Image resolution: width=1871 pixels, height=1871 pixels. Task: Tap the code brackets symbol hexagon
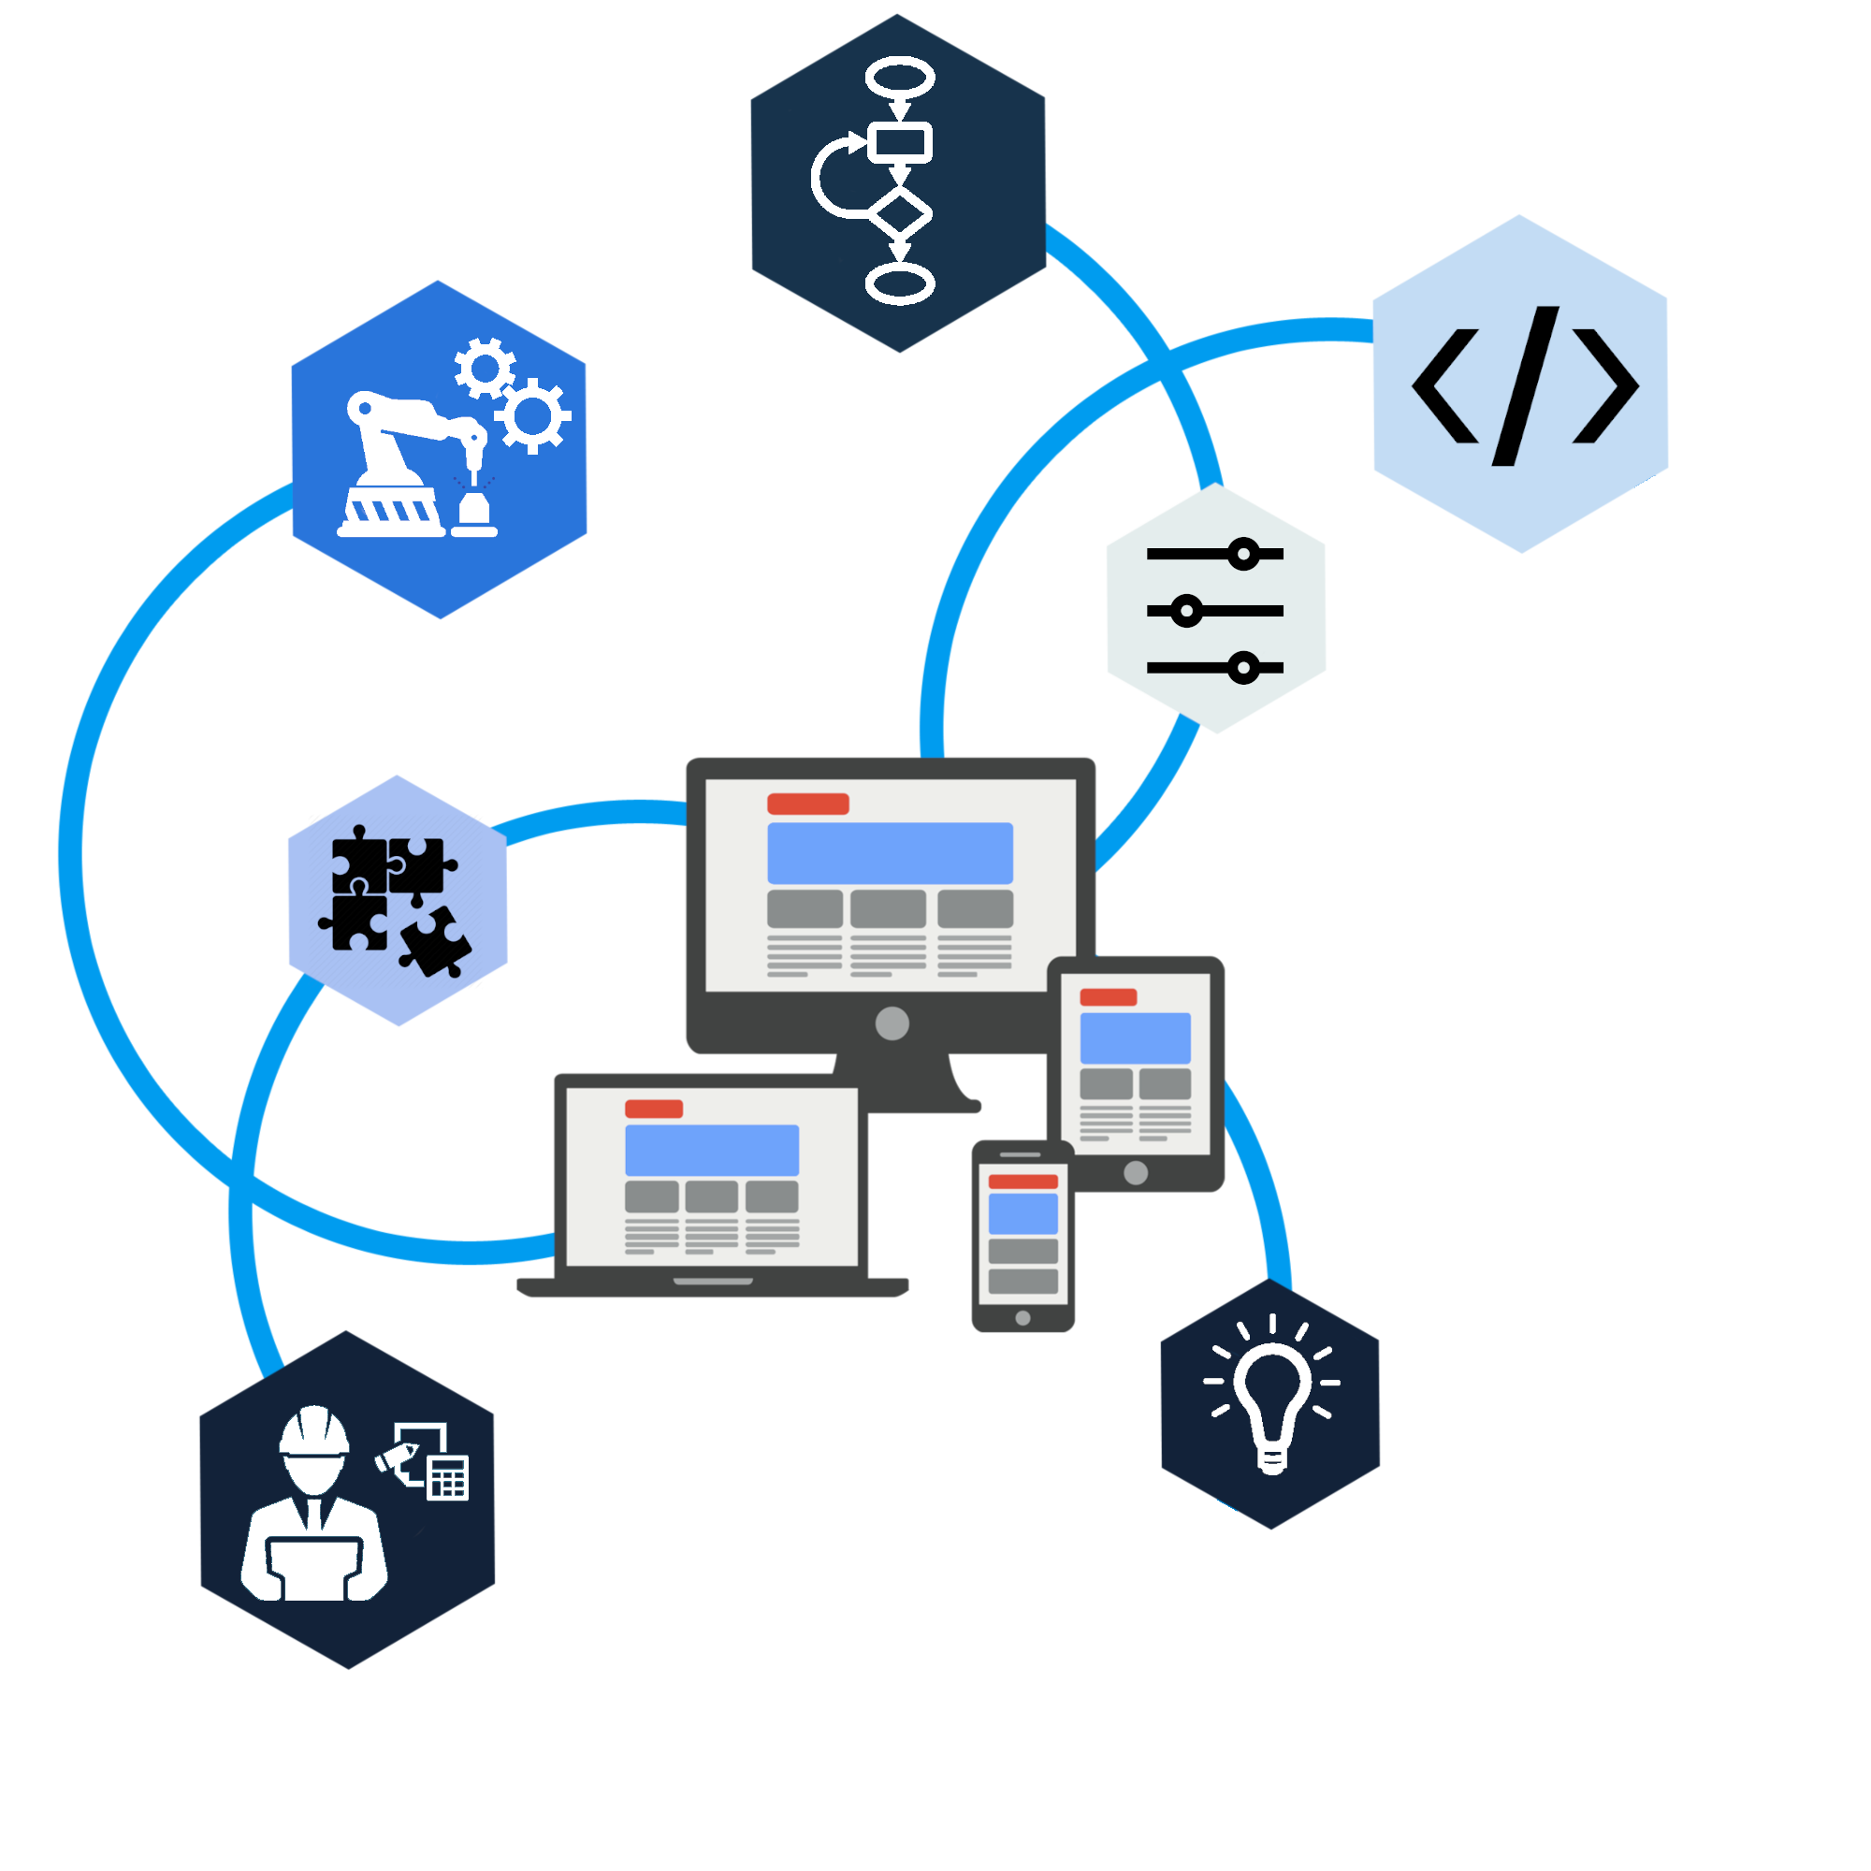tap(1519, 384)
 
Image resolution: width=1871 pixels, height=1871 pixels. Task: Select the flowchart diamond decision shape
tap(900, 214)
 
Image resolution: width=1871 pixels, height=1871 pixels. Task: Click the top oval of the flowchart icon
tap(900, 78)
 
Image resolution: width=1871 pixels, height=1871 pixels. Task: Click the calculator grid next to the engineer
tap(448, 1478)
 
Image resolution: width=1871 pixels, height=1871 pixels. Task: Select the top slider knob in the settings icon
tap(1243, 554)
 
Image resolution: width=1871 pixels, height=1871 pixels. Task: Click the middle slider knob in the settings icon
tap(1186, 611)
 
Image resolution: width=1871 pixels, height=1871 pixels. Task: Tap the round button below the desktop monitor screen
tap(892, 1023)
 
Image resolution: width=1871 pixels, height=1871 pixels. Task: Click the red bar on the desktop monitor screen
tap(807, 804)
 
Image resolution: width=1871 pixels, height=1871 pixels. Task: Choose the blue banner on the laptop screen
tap(712, 1150)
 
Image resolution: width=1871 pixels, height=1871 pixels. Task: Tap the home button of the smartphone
tap(1023, 1318)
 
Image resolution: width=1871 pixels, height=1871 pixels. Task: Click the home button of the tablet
tap(1136, 1173)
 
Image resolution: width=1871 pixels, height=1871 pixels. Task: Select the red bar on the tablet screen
tap(1108, 997)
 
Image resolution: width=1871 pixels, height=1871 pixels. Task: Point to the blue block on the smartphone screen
tap(1023, 1213)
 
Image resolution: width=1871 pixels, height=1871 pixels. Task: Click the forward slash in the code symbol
tap(1526, 385)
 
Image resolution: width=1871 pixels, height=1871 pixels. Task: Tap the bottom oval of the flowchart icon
tap(900, 283)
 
